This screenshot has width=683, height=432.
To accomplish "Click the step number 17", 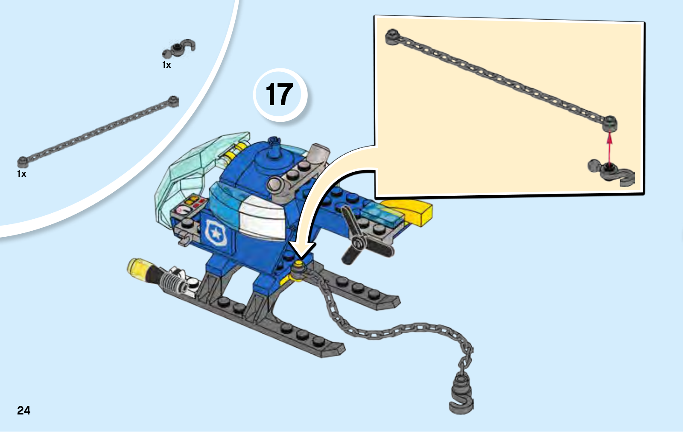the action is [279, 94].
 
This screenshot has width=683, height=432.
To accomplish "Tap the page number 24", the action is [24, 411].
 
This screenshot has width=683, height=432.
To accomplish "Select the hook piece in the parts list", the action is [179, 48].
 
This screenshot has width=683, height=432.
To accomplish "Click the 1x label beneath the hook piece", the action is [166, 65].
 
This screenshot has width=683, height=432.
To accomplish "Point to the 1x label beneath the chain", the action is [22, 174].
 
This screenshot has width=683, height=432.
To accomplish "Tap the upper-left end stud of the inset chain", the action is [392, 37].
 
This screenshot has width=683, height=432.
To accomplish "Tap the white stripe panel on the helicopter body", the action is [262, 217].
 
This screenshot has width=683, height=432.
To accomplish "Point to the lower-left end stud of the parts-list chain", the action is [23, 162].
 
